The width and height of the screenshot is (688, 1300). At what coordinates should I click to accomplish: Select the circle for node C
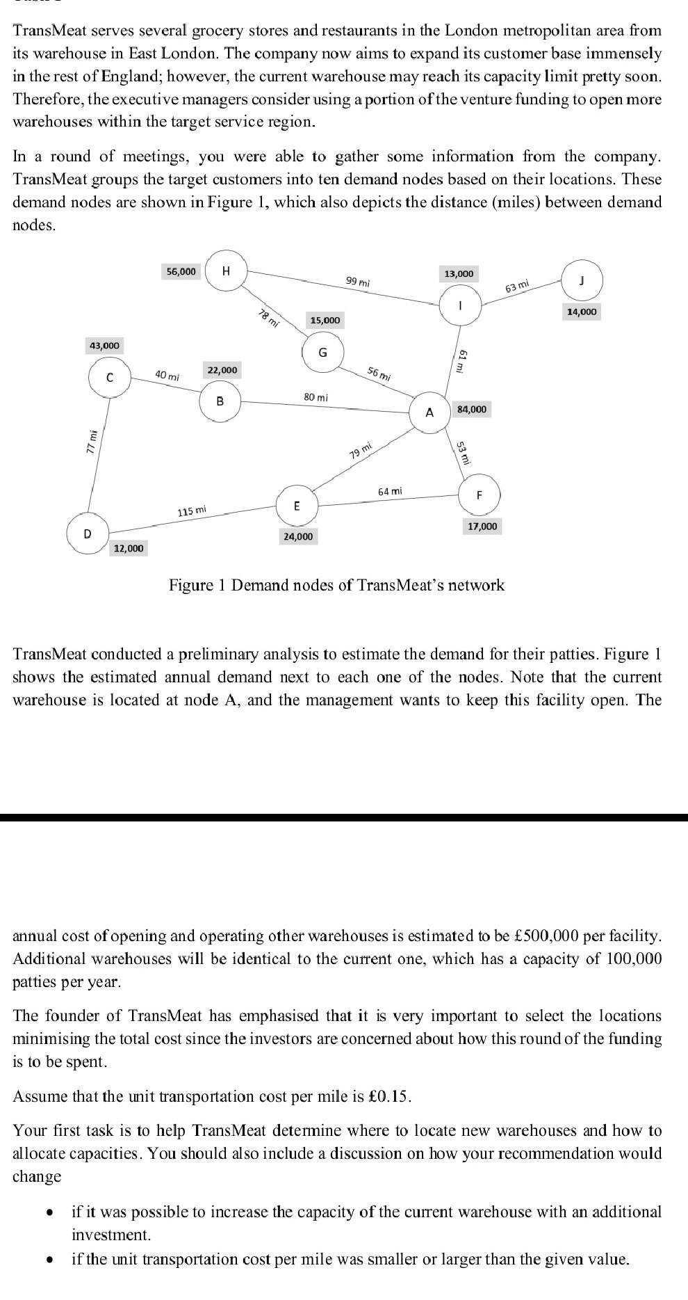coord(109,378)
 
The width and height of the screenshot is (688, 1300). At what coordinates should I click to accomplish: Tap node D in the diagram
coord(87,534)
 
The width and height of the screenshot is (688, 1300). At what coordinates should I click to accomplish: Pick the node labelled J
coord(582,280)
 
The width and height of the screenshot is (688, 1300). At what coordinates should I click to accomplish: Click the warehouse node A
coord(429,412)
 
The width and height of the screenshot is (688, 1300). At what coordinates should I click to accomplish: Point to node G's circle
coord(322,353)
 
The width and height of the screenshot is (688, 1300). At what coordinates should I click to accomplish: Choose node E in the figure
coord(297,506)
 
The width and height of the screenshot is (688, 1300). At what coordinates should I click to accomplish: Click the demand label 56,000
coord(181,271)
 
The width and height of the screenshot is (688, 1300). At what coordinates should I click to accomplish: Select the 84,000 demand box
coord(472,409)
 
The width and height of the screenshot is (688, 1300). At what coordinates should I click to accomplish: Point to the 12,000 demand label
coord(129,549)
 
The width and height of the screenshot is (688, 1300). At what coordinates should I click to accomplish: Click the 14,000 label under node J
coord(581,312)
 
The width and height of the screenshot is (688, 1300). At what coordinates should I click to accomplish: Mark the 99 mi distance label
coord(358,282)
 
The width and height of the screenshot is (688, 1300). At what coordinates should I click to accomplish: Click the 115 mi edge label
coord(192,511)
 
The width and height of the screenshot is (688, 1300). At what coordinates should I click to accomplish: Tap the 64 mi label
coord(390,491)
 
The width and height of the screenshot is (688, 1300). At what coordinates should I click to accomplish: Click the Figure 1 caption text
coord(337,585)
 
